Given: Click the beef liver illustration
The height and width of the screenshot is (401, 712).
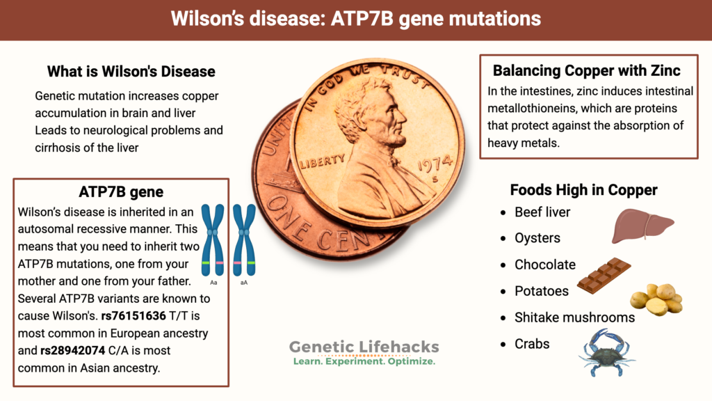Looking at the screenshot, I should tap(642, 226).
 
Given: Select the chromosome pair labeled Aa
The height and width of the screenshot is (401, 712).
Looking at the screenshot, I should tap(213, 239).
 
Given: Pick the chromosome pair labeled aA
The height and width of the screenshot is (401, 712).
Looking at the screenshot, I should tap(243, 239).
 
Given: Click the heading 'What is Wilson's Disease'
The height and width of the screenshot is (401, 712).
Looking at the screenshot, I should tap(131, 72).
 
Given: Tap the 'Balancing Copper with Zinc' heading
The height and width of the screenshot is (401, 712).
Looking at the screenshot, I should tap(586, 70).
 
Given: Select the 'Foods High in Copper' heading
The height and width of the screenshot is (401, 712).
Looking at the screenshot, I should tap(583, 190).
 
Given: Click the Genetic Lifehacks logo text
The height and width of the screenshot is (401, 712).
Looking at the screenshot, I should tap(364, 347).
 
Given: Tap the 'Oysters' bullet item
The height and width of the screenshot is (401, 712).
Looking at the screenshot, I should tap(537, 238).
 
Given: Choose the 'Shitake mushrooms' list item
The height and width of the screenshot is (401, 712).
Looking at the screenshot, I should tap(574, 317).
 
